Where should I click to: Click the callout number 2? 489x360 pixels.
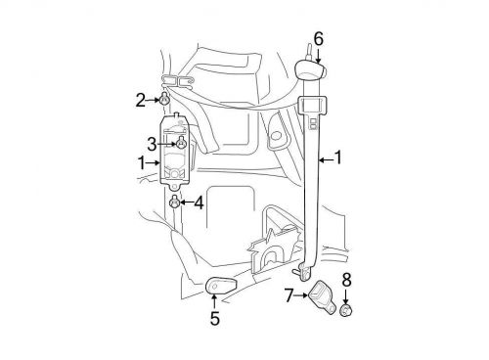tap(141, 101)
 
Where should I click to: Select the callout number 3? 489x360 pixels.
tap(152, 144)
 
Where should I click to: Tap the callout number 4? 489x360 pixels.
tap(199, 202)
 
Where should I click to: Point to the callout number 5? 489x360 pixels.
tap(215, 318)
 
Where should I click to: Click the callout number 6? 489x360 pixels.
tap(319, 39)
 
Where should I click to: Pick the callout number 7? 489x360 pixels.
tap(289, 295)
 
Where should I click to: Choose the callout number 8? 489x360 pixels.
tap(346, 280)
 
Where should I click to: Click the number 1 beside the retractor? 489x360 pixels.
tap(142, 162)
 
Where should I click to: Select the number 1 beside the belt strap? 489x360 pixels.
tap(338, 157)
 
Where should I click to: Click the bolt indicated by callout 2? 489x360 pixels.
tap(164, 99)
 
